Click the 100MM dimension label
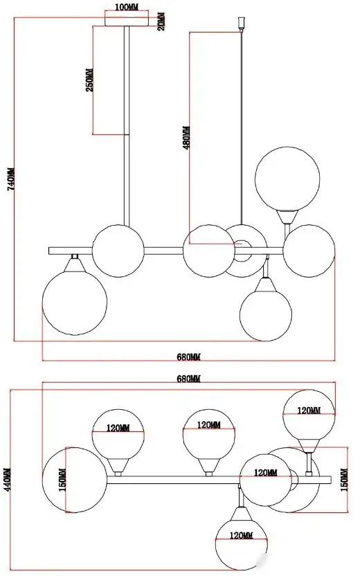tap(127, 8)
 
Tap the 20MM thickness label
tap(161, 21)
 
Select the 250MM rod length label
tap(90, 80)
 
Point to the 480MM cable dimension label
tap(187, 138)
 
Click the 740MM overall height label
tap(11, 179)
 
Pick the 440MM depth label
tap(8, 478)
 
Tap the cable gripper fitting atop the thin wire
tap(242, 24)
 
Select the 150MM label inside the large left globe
tap(63, 480)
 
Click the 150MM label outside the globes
tap(344, 480)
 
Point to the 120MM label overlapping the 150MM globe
tap(266, 473)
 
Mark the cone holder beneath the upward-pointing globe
tap(287, 216)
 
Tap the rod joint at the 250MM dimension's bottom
tap(127, 135)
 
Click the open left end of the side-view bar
tap(49, 251)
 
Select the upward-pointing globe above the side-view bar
tap(287, 179)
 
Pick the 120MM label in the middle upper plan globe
tap(209, 425)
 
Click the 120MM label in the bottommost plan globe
tap(242, 536)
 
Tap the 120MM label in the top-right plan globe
tap(309, 411)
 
